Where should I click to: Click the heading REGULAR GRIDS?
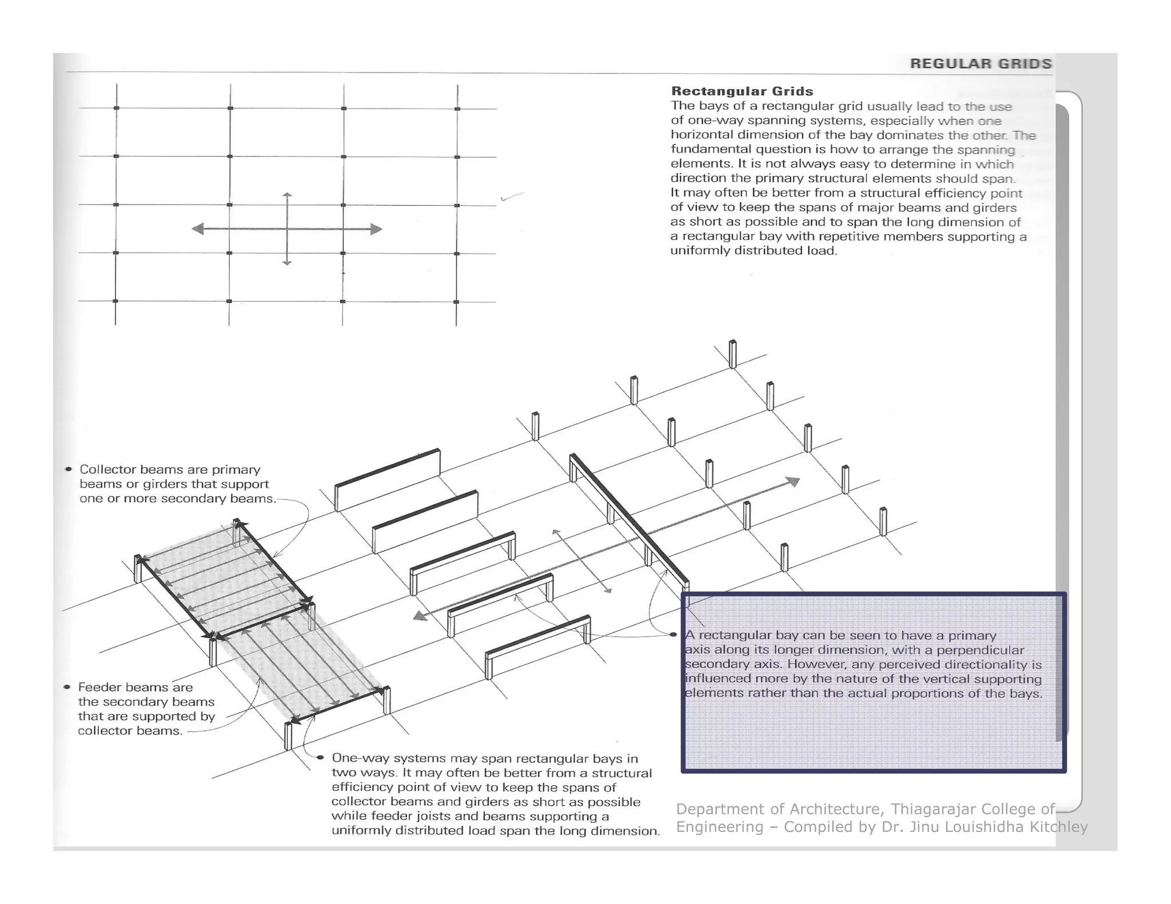[981, 63]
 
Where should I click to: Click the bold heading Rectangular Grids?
[742, 91]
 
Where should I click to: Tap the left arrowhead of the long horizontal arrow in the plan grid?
[198, 229]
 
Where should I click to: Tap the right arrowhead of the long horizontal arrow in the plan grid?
[376, 229]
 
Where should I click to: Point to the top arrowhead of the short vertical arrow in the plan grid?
[287, 195]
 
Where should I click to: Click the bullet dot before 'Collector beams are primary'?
[69, 469]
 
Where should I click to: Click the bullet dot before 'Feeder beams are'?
[67, 687]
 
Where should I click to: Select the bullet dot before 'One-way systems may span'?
[320, 758]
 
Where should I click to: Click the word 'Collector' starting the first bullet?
[107, 469]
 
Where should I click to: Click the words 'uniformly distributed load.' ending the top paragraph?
[754, 250]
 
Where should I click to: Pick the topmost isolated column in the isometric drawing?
[732, 354]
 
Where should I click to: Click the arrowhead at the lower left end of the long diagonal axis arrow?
[420, 615]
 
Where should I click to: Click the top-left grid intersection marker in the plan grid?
[116, 108]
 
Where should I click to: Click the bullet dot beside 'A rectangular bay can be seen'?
[673, 634]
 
